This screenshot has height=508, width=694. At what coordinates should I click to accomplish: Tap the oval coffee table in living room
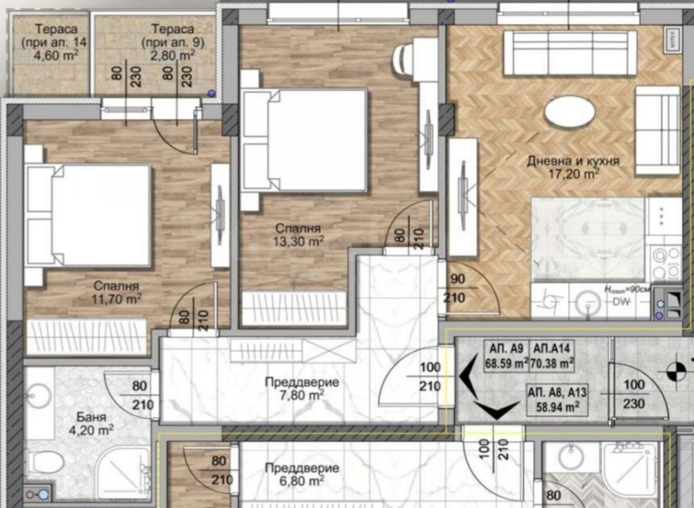[x=570, y=112]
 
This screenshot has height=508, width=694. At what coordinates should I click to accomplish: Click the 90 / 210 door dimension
[x=458, y=289]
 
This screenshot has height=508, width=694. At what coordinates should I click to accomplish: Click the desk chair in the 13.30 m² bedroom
[x=406, y=61]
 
